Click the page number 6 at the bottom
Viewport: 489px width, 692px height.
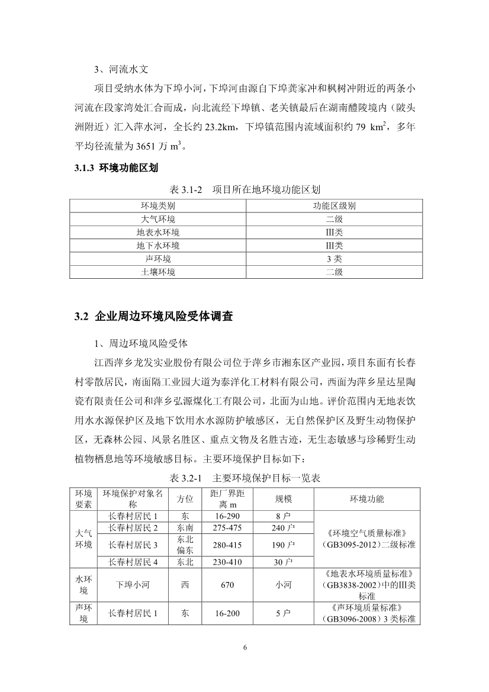(244, 646)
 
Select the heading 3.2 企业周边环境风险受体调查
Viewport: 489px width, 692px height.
(154, 316)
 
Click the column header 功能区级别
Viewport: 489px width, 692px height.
(334, 206)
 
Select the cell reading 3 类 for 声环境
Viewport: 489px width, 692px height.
(334, 259)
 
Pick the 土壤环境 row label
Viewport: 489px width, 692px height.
(158, 272)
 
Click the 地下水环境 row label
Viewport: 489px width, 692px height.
(158, 246)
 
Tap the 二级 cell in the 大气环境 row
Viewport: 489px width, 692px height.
(334, 219)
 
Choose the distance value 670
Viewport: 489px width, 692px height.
(224, 585)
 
